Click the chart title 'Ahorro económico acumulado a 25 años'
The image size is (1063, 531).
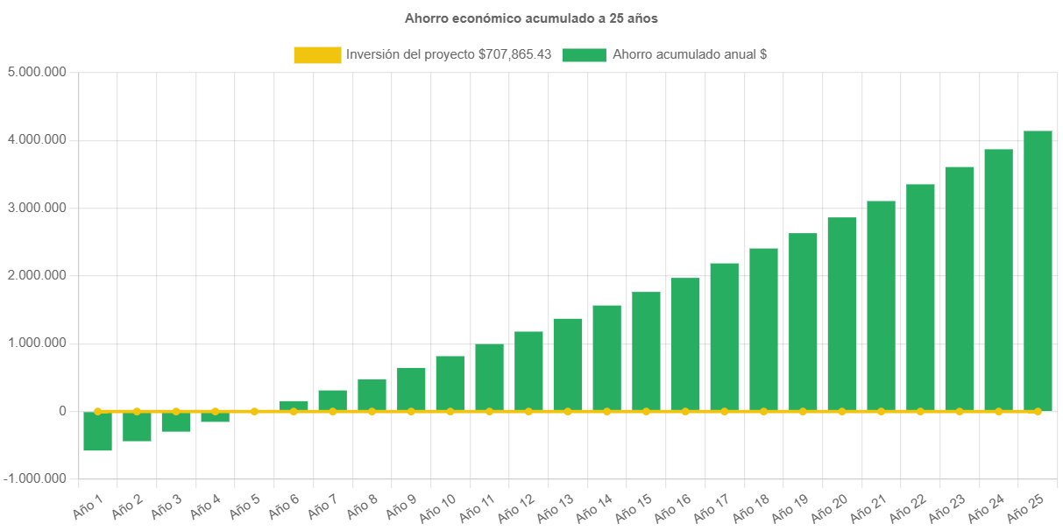(x=531, y=18)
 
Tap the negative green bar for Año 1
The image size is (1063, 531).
(x=97, y=431)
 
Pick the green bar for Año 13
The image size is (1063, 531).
(x=568, y=364)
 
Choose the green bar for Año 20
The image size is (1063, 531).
(x=842, y=314)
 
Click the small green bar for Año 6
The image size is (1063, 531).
(x=294, y=405)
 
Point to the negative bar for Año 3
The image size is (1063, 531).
(x=176, y=421)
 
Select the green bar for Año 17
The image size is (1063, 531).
(x=724, y=336)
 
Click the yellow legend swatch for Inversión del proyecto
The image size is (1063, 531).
(x=317, y=55)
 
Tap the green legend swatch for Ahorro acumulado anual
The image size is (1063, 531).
(x=584, y=55)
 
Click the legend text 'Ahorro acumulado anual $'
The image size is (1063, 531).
(x=690, y=54)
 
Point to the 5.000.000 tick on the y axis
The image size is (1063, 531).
(x=37, y=72)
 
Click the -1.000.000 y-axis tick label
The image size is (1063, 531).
(x=35, y=478)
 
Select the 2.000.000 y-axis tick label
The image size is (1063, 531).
(x=37, y=275)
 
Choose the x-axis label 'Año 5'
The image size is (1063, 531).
(x=244, y=506)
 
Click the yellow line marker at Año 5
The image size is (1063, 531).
(x=254, y=411)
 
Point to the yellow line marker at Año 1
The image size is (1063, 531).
(x=97, y=411)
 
